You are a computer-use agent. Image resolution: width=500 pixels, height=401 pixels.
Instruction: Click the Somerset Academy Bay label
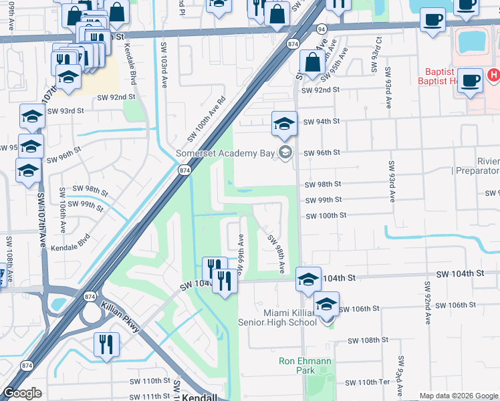pos(225,153)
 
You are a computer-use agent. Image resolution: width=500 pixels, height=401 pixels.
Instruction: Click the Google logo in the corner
pos(22,394)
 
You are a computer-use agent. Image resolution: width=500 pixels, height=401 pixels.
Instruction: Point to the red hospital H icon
pos(493,75)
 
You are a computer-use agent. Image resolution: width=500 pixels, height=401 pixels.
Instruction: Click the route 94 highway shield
pos(322,29)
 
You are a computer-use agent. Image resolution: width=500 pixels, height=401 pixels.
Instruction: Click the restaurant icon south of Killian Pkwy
pos(106,344)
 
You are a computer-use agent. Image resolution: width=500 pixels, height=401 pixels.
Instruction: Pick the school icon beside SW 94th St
pos(284,124)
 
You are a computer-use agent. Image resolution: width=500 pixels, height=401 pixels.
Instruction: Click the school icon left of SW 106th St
pos(326,305)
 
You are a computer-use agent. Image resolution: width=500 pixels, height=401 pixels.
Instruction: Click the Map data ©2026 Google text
pos(459,396)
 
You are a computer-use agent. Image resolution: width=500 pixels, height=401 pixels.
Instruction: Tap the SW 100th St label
pos(326,216)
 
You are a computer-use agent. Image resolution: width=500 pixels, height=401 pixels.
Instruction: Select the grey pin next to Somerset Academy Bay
pos(285,153)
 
